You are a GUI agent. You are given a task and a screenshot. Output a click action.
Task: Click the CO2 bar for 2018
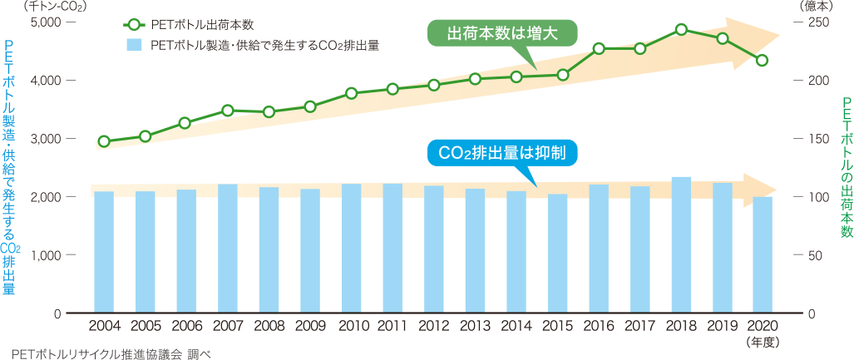681,245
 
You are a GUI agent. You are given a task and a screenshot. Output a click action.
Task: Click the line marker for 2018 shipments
681,30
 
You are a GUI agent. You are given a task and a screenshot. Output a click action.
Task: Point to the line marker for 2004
104,141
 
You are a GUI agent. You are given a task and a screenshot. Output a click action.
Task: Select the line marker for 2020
762,60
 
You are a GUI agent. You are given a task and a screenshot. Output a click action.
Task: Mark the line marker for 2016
599,48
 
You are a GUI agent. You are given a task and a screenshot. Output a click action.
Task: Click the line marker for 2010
352,93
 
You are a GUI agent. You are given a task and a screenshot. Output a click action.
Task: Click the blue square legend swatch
132,46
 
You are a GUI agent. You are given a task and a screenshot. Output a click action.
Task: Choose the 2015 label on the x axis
557,325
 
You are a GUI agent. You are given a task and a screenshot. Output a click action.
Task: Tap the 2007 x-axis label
228,325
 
